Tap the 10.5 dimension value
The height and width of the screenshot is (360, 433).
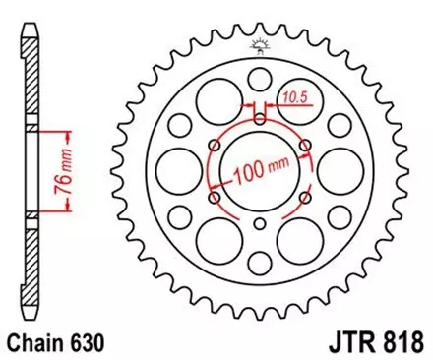(x=292, y=97)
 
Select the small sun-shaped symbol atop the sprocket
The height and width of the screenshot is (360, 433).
(x=260, y=44)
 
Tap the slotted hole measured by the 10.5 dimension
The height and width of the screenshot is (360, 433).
(x=260, y=119)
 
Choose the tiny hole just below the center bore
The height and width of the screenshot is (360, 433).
(x=260, y=227)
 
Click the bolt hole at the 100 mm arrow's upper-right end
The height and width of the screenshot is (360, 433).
(x=306, y=147)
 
